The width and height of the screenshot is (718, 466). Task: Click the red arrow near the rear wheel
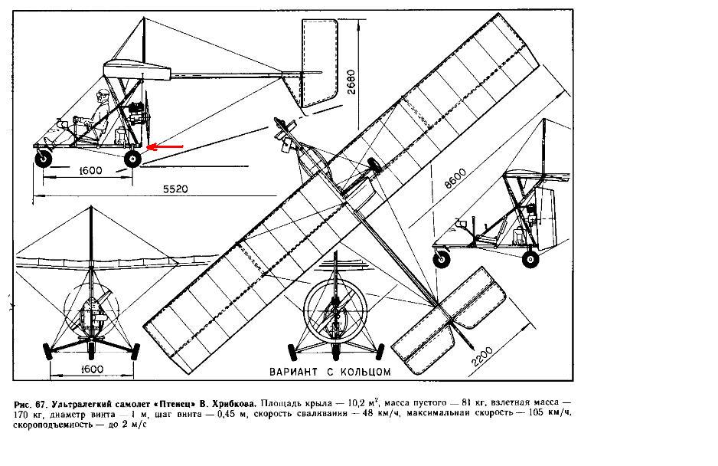[165, 145]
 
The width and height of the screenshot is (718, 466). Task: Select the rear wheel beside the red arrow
[133, 159]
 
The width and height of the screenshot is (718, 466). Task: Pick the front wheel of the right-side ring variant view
[442, 260]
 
